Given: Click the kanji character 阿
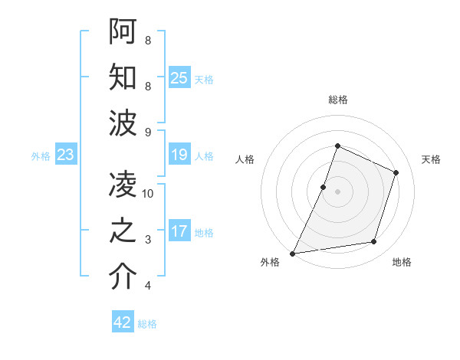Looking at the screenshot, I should pos(123,32).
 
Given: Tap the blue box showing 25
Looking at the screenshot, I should pos(179,77).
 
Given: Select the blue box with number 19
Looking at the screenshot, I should pos(179,155).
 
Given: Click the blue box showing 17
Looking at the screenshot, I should pos(179,231).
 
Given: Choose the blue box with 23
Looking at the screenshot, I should pos(66,155).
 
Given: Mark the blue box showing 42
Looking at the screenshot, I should pos(123,322).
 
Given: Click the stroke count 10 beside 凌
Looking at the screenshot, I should pos(149,194).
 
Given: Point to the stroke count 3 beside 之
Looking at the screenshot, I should pos(148,241).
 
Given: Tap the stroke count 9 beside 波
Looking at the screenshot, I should pos(148,133).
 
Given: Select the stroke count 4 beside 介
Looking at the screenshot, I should pos(148,286).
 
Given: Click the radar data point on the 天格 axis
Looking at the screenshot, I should pos(396,172).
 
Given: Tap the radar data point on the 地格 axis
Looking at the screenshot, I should pos(374,242).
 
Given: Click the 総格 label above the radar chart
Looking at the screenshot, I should pos(337,100).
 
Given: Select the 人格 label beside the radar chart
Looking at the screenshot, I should pos(245,159).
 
